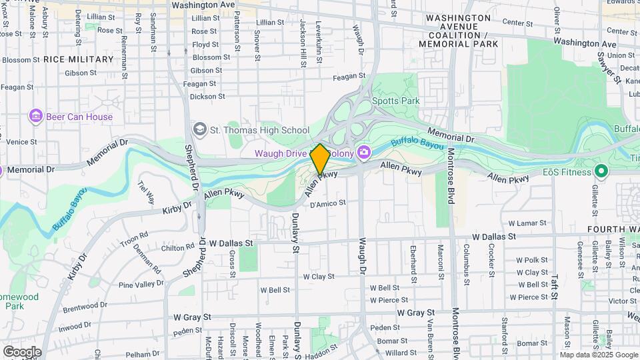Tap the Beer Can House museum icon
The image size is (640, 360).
[x=35, y=117]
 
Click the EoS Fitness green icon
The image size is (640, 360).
[x=601, y=171]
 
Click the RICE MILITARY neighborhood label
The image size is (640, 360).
[x=79, y=59]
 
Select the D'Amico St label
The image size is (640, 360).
[x=328, y=203]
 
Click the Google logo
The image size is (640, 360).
[x=21, y=352]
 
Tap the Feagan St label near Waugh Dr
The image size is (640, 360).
[x=350, y=77]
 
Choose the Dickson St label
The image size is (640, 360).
[x=203, y=96]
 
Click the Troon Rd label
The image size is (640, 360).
[x=135, y=237]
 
